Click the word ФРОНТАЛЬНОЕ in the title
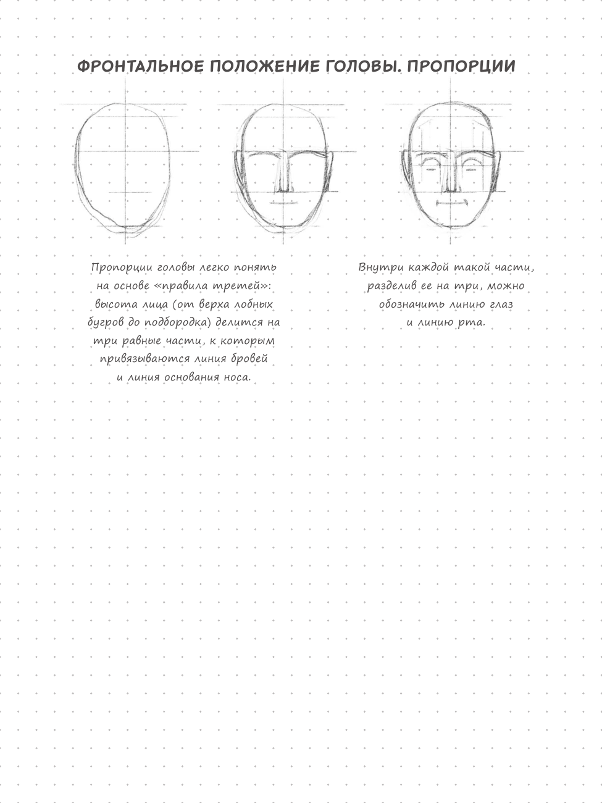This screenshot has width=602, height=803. point(140,66)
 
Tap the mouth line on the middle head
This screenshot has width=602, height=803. point(283,201)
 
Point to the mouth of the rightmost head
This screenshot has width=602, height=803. point(451,202)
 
